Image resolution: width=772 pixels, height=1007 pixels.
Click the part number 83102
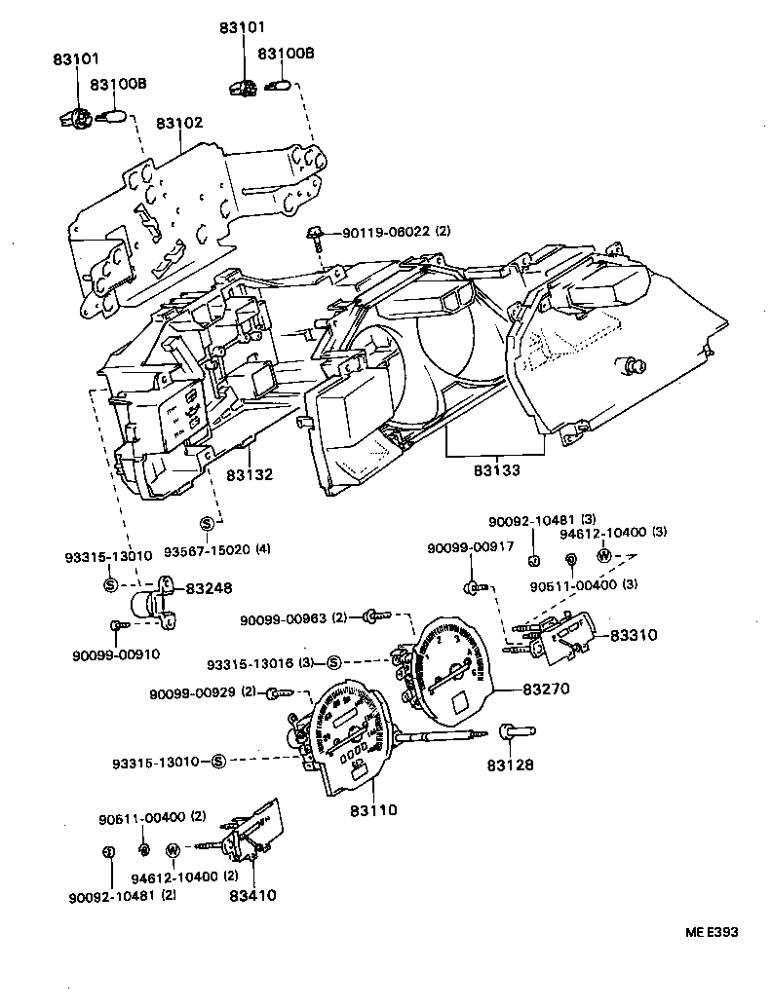coord(179,124)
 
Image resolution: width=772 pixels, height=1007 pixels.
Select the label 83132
coord(250,475)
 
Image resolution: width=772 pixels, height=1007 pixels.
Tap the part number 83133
coord(497,470)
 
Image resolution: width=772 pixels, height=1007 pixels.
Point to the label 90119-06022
coord(384,233)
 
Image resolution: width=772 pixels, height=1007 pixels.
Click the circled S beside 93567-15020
coord(206,524)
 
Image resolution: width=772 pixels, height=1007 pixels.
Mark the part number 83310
coord(634,635)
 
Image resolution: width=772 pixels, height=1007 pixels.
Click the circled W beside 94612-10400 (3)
coord(603,556)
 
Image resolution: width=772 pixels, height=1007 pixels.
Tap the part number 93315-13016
coord(249,663)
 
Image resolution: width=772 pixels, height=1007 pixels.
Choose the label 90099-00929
coord(192,693)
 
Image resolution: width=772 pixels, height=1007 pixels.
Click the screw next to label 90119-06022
coord(318,235)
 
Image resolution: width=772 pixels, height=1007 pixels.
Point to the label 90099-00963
coord(286,618)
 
